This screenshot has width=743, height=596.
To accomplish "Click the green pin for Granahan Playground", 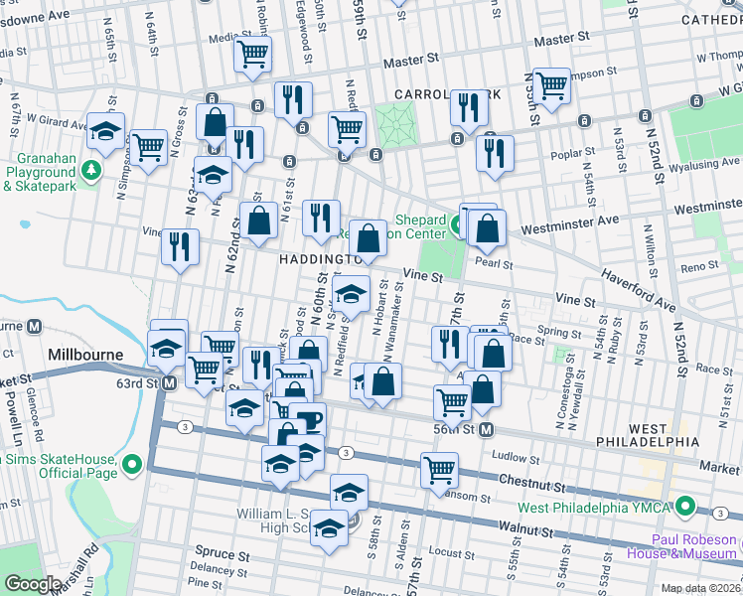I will (x=91, y=170).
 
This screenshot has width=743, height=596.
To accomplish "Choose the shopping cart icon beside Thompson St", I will (x=550, y=84).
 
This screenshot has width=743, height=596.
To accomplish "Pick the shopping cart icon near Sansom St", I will (x=439, y=469).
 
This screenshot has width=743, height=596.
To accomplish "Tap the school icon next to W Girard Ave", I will (x=105, y=131).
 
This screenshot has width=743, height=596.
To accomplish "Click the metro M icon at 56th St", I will (x=487, y=429).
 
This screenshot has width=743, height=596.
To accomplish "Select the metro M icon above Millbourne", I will (x=34, y=326).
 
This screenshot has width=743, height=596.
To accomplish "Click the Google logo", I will (x=33, y=583).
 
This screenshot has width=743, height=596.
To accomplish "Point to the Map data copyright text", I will (x=699, y=588).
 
